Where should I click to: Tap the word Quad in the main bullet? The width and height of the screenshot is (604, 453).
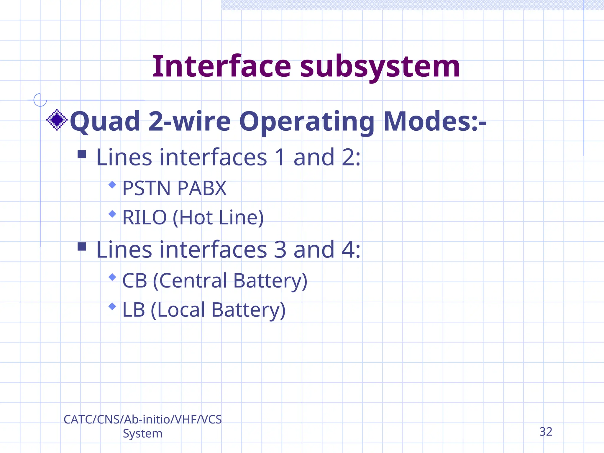[105, 122]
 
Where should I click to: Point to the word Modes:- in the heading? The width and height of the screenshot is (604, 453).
[435, 122]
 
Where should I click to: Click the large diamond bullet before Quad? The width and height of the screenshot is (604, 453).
[57, 120]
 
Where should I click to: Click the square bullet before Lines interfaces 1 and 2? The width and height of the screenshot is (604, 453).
[82, 154]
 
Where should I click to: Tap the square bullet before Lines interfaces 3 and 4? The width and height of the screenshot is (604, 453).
[82, 247]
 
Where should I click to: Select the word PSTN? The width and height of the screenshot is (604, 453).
[147, 188]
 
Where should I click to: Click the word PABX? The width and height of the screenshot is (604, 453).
[202, 188]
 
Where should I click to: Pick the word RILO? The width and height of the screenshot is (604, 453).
[145, 217]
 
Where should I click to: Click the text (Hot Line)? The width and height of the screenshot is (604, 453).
[218, 218]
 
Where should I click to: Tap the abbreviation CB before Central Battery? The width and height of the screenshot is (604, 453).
[134, 280]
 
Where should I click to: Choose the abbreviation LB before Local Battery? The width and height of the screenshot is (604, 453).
[134, 310]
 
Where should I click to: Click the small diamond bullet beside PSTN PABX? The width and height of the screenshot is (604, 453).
[112, 185]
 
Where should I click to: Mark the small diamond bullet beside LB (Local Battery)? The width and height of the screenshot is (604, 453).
[112, 306]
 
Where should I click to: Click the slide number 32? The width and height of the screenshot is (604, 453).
[546, 432]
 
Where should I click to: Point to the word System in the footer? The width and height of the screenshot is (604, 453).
[142, 434]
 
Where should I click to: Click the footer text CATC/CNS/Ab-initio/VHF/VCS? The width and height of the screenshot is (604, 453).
[142, 419]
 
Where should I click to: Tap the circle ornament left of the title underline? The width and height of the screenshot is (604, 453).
[40, 100]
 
